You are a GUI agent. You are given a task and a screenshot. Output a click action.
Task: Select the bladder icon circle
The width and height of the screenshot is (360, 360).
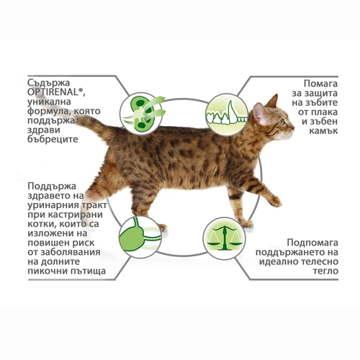click(140, 237)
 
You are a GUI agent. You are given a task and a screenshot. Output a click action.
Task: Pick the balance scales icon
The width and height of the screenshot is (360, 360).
click(224, 238)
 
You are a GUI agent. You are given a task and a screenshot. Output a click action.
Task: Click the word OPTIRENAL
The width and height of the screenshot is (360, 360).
click(55, 92)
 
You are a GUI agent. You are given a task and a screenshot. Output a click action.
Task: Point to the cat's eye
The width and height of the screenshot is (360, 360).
click(282, 122)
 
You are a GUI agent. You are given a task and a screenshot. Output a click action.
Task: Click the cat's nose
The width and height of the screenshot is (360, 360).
click(293, 127)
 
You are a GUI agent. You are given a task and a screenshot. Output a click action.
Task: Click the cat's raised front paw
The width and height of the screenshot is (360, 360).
click(276, 202)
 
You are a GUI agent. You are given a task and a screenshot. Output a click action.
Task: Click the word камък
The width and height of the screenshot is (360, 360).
click(323, 130)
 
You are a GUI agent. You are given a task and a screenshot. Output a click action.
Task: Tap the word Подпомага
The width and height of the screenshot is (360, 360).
click(312, 243)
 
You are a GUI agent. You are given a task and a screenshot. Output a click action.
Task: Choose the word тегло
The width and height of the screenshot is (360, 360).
click(325, 271)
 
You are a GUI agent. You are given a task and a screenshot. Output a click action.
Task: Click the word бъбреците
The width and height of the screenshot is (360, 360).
click(53, 139)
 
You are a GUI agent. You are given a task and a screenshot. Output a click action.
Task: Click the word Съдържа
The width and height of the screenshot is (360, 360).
click(48, 83)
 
